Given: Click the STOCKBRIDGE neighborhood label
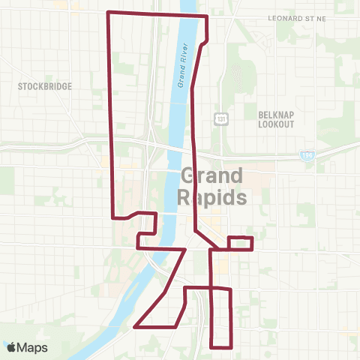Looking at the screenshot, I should coord(45,86).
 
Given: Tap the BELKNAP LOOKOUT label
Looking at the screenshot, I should coord(276,119).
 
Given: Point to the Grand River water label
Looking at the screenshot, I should coord(181,66).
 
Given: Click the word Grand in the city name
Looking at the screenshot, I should coord(212,177).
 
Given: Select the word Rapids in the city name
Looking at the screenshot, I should coord(212,198).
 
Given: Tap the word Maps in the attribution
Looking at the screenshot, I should coord(33,347).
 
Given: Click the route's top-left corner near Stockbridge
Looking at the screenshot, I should coord(109,13).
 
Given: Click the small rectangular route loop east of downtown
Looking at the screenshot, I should coord(240,243).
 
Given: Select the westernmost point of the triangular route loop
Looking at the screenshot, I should coord(135,327).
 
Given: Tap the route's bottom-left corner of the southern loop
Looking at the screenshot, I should coord(212,347).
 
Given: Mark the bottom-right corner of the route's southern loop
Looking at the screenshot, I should coord(230,347).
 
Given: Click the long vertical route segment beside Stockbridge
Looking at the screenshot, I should coord(112,112).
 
